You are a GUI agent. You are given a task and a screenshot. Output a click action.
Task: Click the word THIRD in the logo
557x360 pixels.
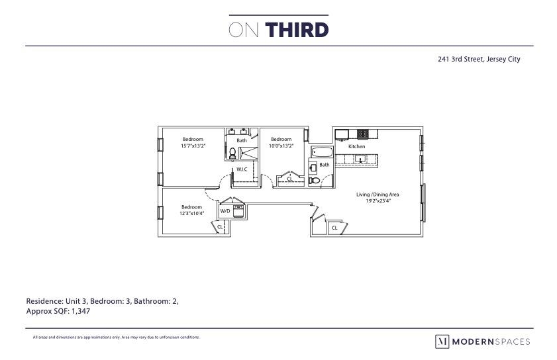click(x=297, y=30)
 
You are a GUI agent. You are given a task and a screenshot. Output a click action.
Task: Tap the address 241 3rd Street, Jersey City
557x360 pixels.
click(x=479, y=59)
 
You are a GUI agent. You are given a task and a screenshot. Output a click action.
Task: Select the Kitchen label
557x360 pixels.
click(x=357, y=146)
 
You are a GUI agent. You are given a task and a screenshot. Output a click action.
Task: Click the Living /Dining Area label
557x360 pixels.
click(x=378, y=195)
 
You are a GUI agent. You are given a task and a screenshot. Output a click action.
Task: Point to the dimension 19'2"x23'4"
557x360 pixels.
click(x=378, y=201)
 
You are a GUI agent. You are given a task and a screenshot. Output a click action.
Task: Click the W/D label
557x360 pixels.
click(x=225, y=212)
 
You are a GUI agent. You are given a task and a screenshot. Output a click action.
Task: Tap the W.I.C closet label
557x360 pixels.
click(x=242, y=170)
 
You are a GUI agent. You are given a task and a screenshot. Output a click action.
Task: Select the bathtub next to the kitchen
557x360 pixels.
click(x=323, y=152)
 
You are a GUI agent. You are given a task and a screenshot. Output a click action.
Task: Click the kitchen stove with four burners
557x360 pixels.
click(x=363, y=134)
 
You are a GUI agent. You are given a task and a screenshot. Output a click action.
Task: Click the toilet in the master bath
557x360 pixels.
click(x=232, y=153)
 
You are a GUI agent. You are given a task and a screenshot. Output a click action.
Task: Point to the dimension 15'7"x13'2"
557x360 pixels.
click(x=193, y=146)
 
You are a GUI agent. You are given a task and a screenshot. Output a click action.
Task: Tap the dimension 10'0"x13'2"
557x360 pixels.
click(x=281, y=146)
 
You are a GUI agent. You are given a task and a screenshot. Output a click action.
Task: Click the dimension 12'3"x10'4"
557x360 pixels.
click(x=191, y=213)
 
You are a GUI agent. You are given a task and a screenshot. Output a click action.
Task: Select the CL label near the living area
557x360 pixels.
click(x=334, y=228)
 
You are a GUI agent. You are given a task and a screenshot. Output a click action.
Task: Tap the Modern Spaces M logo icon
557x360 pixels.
click(x=441, y=341)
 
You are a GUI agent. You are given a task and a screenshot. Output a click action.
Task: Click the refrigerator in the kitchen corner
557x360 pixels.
click(x=341, y=134)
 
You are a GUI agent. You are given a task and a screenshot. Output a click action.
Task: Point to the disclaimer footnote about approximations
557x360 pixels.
click(x=116, y=337)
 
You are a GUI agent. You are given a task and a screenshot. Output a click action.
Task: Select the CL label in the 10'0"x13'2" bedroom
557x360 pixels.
click(x=289, y=179)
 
